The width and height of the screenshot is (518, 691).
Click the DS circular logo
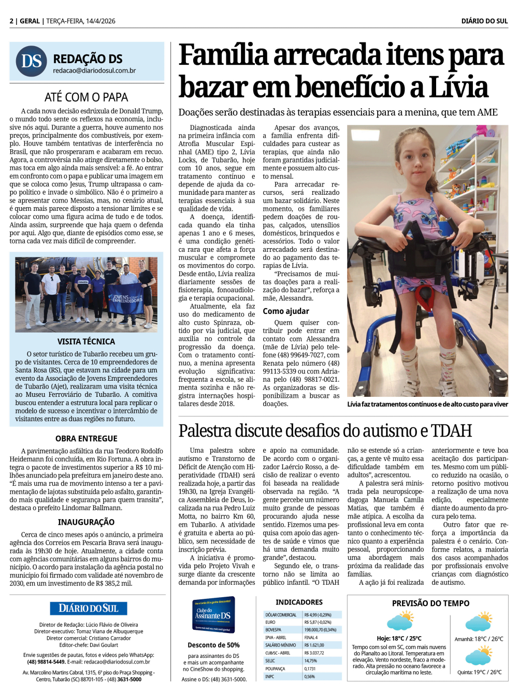point(32,61)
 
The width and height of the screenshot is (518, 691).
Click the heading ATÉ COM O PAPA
point(87,97)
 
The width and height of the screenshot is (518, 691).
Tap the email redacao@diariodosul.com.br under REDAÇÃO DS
point(94,70)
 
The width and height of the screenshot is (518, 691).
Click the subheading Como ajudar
point(286,311)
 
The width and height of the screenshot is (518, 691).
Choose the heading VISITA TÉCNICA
point(87,341)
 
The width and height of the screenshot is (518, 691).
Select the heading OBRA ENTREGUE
point(87,438)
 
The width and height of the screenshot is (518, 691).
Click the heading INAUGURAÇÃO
point(87,522)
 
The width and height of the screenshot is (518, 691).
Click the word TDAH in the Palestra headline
point(451,430)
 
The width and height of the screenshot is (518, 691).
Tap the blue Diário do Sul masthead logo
point(89,608)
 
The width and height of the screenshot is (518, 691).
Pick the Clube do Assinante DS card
point(213,615)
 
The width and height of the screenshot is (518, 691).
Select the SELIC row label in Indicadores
point(270,661)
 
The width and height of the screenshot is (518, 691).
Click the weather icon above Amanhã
point(479,622)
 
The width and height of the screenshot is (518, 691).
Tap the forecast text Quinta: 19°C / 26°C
point(480,672)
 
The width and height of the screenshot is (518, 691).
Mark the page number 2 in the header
point(11,21)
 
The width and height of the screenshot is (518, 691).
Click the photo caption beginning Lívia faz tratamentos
point(427,404)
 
